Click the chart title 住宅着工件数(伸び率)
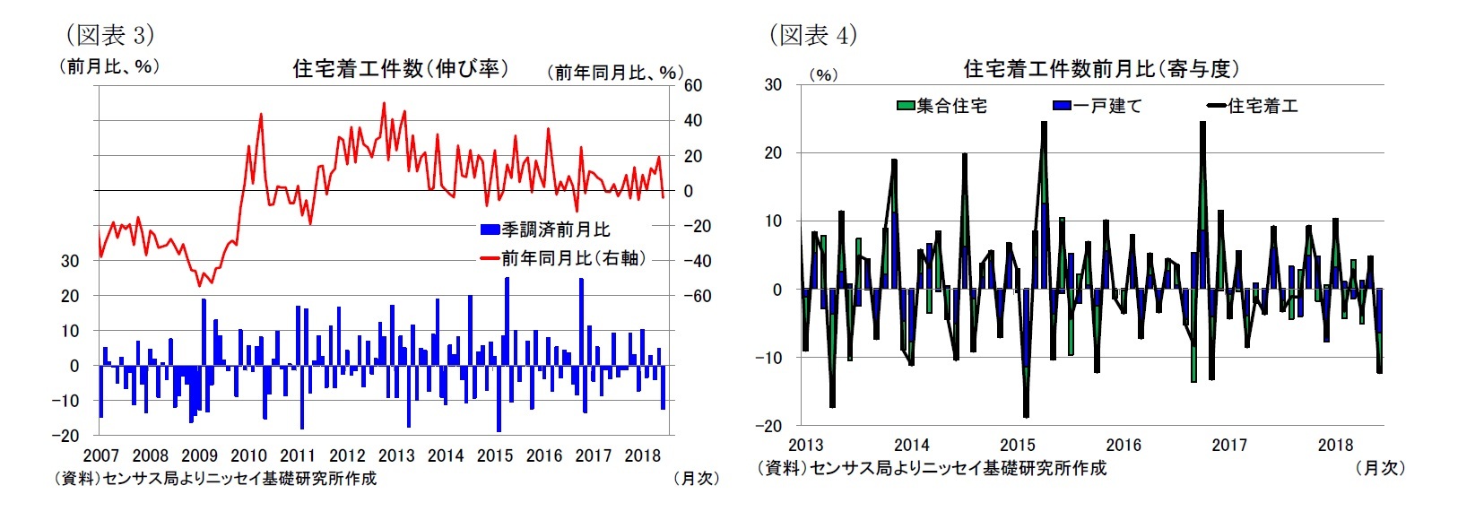[401, 69]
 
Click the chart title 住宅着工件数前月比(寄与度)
[1101, 69]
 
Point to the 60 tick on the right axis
[693, 86]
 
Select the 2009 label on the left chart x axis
[200, 455]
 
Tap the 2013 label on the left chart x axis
[396, 455]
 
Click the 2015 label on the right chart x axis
[1017, 445]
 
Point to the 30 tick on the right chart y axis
[772, 85]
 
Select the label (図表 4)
[812, 35]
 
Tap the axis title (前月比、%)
[109, 66]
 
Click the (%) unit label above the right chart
[822, 75]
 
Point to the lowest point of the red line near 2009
[199, 286]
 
